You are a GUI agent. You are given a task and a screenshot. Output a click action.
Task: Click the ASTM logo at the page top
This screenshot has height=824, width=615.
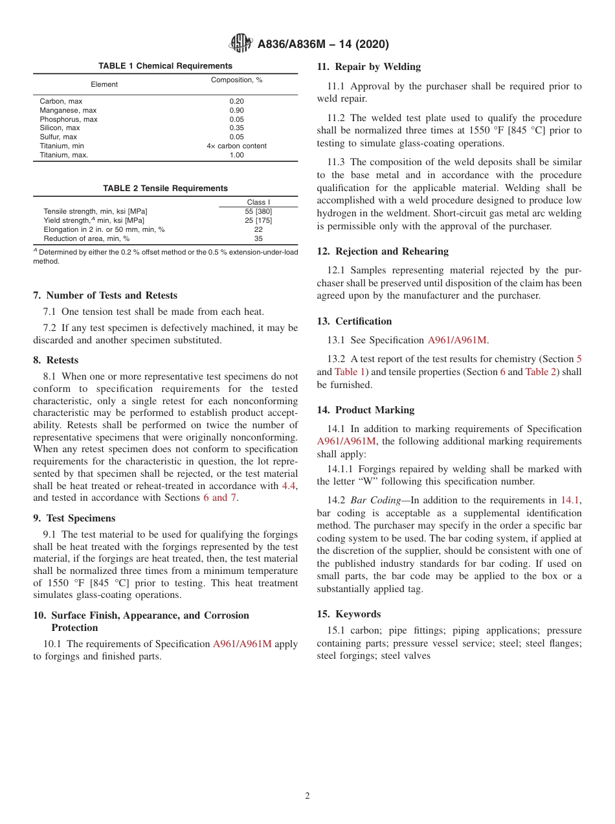pos(241,44)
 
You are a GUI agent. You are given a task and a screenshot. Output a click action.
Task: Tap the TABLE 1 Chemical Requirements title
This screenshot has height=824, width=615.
pos(165,66)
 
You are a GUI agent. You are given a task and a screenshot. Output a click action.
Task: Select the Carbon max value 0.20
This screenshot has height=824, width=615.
pos(236,102)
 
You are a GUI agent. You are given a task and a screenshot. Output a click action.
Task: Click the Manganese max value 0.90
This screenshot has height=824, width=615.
pos(236,111)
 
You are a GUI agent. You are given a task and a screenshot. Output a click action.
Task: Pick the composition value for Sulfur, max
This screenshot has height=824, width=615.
pos(236,137)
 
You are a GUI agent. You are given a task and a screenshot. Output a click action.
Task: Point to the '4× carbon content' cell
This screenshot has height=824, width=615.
pos(236,146)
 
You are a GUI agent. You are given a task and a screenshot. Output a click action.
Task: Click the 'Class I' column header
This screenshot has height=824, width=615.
pos(258,203)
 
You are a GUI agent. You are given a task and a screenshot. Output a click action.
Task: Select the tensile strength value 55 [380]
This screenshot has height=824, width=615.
pos(258,212)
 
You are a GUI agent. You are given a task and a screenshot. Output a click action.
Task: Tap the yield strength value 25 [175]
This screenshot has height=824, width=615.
pos(258,221)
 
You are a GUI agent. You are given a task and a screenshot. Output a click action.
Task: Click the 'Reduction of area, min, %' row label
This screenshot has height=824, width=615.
pos(87,239)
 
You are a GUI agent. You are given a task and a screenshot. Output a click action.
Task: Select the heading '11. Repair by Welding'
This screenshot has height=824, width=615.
pos(368,67)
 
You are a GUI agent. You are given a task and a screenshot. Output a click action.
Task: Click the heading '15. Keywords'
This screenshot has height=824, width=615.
pos(349,614)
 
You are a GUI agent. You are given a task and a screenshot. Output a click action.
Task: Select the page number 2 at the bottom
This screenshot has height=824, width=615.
pos(307,796)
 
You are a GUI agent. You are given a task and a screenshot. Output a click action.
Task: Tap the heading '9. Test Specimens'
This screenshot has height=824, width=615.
pos(74,518)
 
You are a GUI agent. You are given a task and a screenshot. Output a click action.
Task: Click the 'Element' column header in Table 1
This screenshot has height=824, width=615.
pos(104,85)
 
